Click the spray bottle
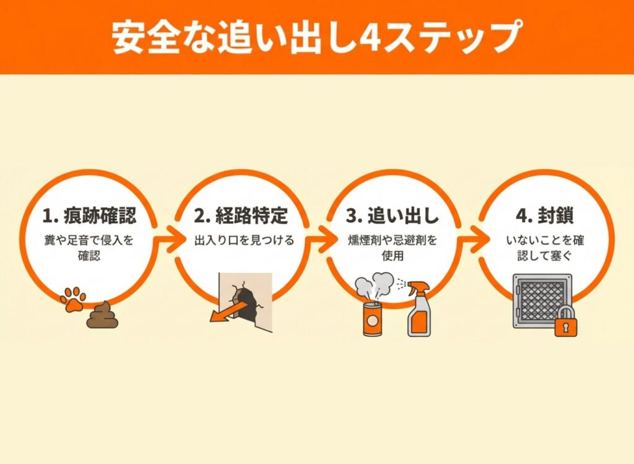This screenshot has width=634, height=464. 419,309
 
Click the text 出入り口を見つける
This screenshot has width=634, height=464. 244,241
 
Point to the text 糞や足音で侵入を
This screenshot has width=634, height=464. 89,241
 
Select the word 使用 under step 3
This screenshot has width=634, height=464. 392,256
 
